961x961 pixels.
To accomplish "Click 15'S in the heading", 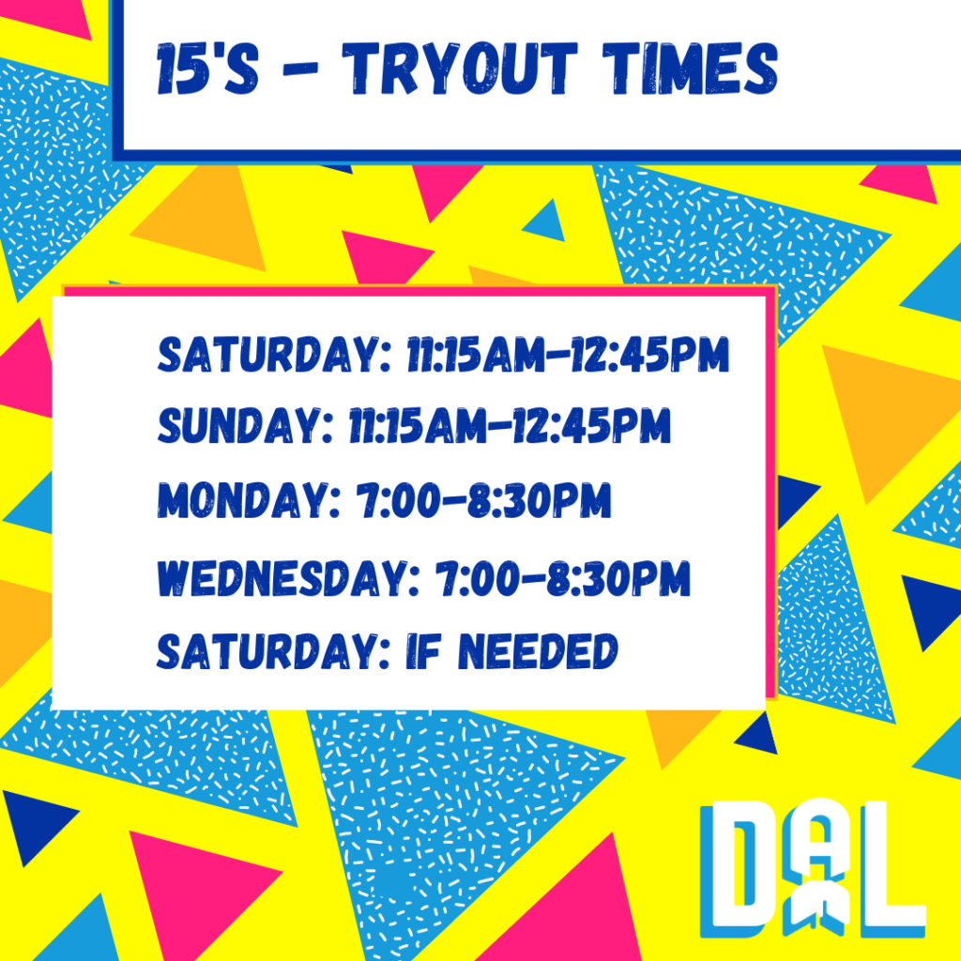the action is pos(207,69).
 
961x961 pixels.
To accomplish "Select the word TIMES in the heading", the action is pos(690,69).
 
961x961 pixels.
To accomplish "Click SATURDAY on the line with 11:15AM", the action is pos(274,354).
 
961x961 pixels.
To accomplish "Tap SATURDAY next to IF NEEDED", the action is pos(274,651).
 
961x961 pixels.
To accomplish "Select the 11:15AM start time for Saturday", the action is pos(476,354).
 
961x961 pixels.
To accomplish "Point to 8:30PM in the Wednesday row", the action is pos(618,578).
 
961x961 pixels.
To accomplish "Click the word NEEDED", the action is pos(538,651).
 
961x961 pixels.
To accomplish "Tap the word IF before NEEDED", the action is pos(423,651).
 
